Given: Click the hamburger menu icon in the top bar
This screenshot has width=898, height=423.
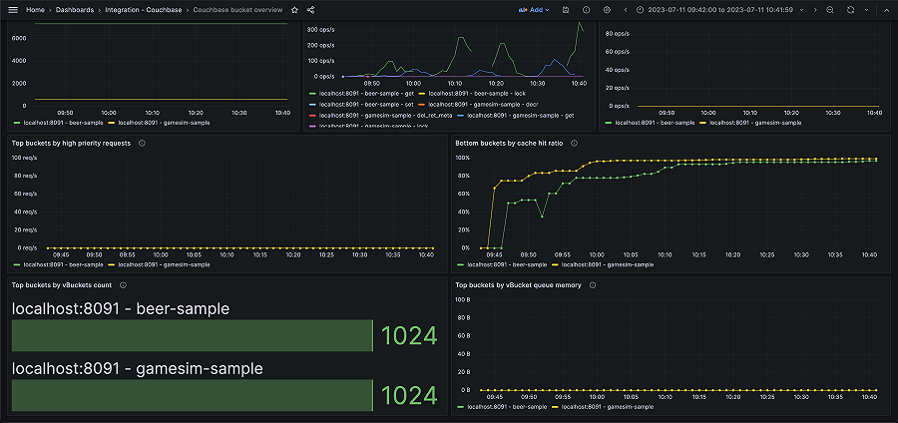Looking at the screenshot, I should pos(13,9).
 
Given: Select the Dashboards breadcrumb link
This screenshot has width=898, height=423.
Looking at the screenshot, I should pos(75,9).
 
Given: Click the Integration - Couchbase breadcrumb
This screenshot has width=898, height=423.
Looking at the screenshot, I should pos(139,9).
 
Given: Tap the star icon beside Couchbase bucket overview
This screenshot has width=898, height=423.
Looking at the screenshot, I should pos(294,9).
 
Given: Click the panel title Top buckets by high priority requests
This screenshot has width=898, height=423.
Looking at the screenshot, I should pos(71,143).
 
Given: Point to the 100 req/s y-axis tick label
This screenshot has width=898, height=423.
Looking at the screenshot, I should pos(25,158).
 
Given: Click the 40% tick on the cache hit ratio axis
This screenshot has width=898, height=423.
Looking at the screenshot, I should pos(463,211).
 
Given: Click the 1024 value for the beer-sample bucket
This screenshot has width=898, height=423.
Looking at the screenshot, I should pos(409,336).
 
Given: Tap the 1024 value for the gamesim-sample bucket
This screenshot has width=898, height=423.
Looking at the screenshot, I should pos(409,396).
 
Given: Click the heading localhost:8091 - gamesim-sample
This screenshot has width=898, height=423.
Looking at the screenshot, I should pos(137,369).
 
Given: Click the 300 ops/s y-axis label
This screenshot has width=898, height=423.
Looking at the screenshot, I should pos(320,30).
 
